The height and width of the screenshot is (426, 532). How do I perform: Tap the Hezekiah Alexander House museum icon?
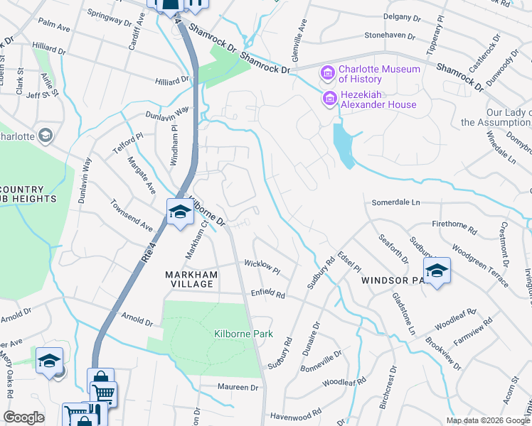[x=329, y=99]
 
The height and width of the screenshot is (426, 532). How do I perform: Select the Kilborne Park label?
[x=240, y=334]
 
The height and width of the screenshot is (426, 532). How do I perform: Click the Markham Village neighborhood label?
[x=189, y=279]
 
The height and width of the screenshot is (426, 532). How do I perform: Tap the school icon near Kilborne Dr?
[x=180, y=212]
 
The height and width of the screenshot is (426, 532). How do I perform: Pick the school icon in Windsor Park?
[x=437, y=271]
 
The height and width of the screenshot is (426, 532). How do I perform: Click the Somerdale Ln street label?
[x=397, y=203]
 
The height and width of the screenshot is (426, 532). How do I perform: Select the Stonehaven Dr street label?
[x=388, y=34]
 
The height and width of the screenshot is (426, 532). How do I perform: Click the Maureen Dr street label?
[x=239, y=388]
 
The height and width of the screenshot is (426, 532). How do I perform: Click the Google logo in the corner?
[x=24, y=417]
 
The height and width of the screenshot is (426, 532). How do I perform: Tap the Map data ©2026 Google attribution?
[x=487, y=420]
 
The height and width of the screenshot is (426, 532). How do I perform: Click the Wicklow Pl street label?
[x=263, y=268]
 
